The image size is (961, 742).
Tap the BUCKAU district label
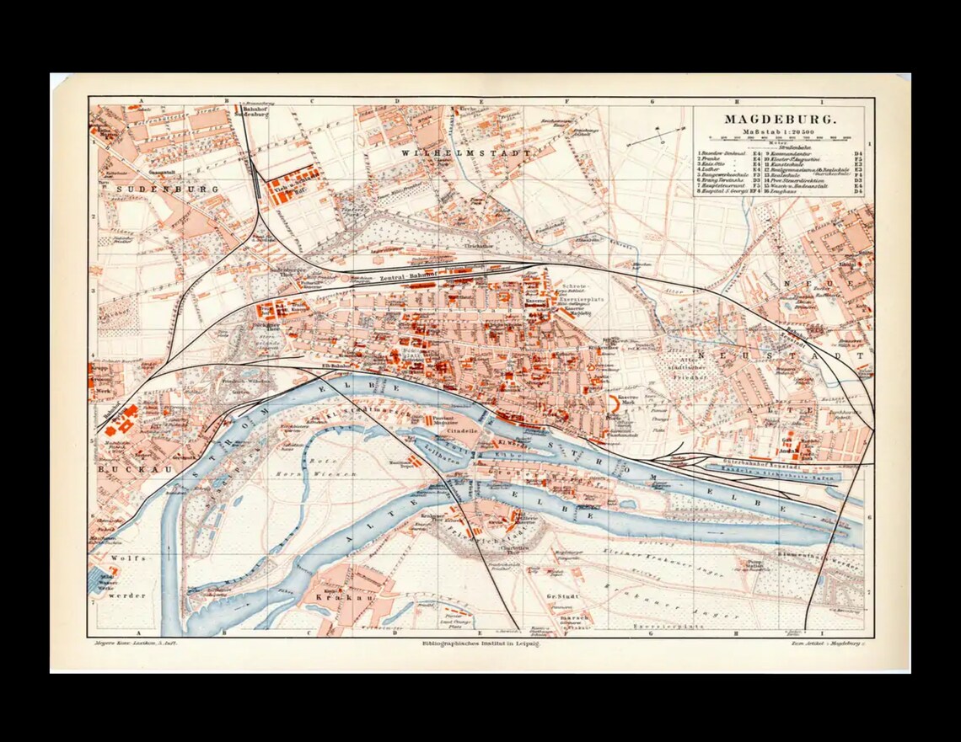click(123, 467)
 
